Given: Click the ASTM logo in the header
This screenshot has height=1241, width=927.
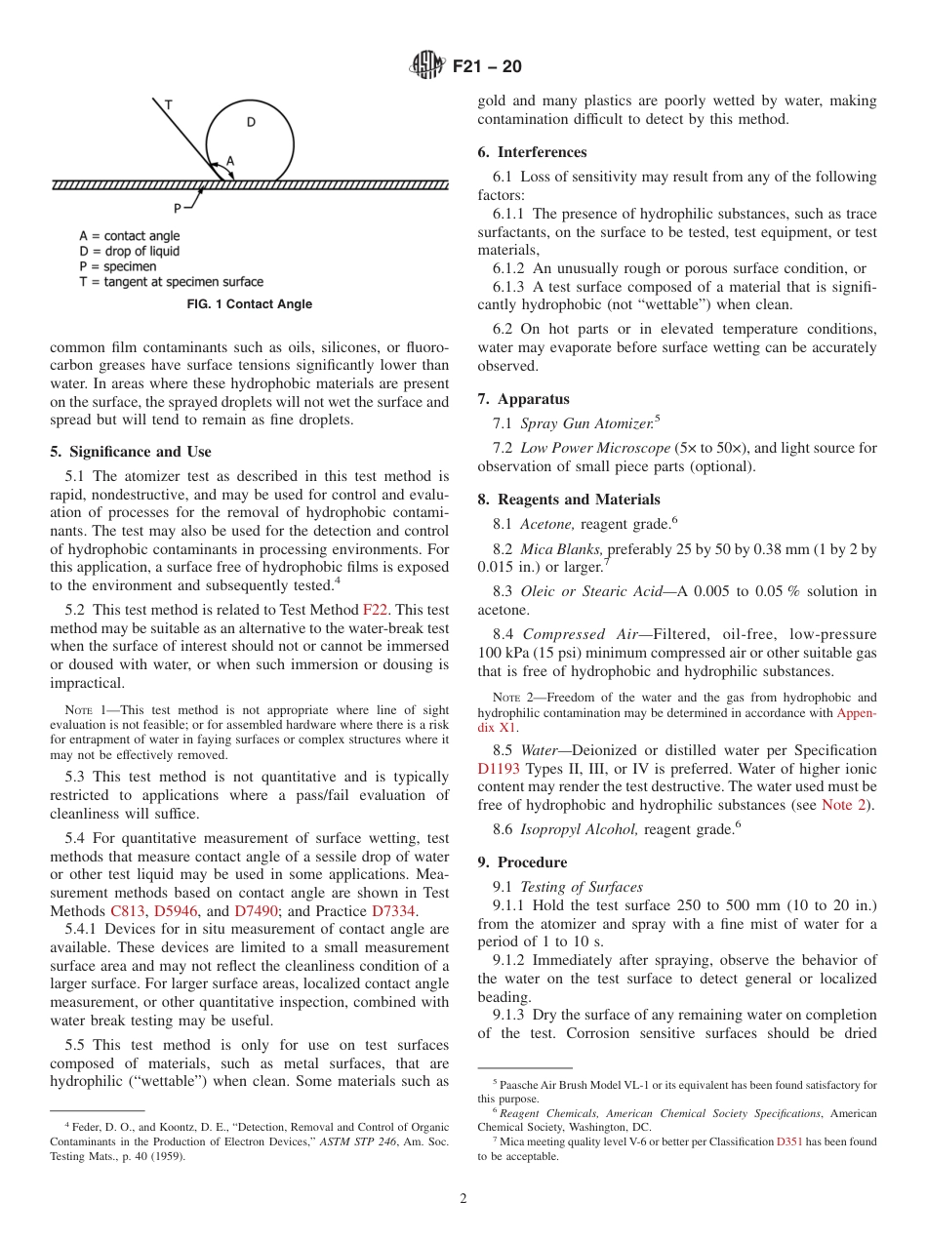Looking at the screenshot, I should [x=426, y=66].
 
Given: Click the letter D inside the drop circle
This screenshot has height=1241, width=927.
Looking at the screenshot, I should [x=251, y=122].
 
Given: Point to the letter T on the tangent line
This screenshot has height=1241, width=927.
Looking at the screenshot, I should [x=168, y=103].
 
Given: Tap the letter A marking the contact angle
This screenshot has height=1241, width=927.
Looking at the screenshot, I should [x=230, y=160].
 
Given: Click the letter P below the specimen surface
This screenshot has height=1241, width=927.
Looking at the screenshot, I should [x=178, y=207].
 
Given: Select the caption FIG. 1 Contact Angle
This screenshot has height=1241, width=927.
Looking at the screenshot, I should [x=250, y=304].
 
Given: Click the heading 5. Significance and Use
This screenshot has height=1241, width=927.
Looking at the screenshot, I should [x=130, y=452].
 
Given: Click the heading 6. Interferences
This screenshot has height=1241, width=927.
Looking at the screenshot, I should [x=532, y=152].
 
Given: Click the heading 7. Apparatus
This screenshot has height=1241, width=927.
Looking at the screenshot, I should [x=523, y=399].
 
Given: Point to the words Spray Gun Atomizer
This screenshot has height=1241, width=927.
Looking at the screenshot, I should [x=586, y=423].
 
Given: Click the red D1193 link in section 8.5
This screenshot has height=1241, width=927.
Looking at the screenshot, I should [x=498, y=768].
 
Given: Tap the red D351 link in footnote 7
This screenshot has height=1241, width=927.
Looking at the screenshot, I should [x=789, y=1141].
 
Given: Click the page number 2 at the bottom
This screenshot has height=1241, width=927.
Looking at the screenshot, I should [x=463, y=1199].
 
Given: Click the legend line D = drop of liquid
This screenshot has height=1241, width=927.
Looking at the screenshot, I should [x=129, y=252].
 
